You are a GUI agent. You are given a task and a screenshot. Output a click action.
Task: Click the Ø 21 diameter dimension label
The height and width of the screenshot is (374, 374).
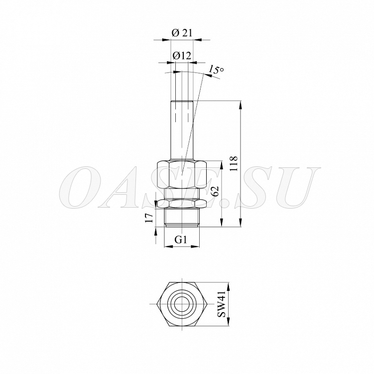[182, 33]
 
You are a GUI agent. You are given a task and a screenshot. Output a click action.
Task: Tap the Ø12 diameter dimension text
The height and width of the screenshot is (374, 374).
[182, 56]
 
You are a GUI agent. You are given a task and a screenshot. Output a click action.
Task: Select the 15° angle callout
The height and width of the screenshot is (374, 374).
[216, 69]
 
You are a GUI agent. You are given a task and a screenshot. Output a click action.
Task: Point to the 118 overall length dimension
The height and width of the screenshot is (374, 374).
[234, 163]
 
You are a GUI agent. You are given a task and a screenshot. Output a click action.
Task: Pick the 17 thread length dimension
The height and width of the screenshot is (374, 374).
[149, 218]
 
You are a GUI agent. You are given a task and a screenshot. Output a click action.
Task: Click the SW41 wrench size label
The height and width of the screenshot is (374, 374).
[221, 304]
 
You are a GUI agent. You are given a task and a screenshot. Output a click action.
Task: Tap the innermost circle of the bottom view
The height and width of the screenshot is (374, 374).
[181, 304]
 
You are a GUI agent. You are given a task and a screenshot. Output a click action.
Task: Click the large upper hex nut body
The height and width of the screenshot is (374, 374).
[181, 175]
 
